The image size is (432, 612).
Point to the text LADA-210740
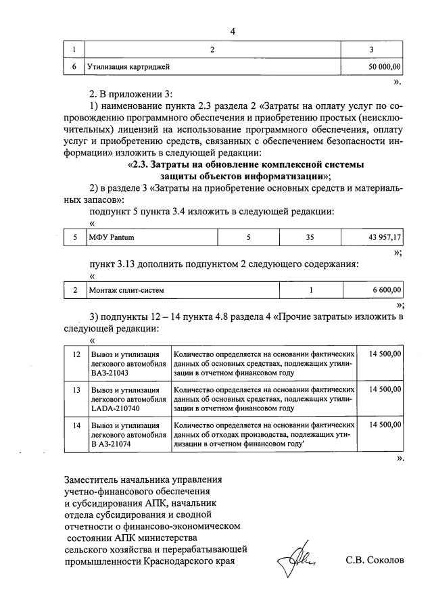click(x=116, y=408)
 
